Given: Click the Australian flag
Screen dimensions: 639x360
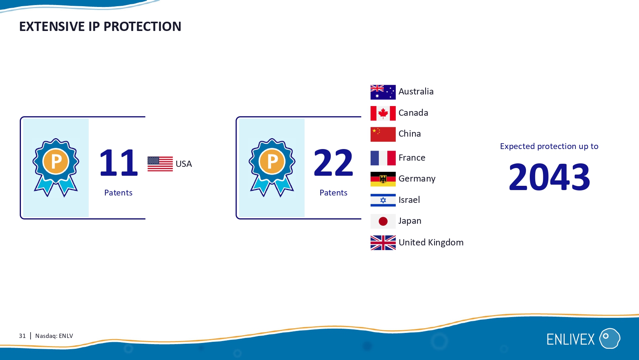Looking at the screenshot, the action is (x=383, y=92).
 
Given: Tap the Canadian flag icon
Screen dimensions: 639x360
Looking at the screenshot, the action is (x=383, y=113).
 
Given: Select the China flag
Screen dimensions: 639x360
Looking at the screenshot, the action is (x=383, y=134).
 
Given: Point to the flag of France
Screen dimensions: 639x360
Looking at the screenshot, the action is (x=383, y=158).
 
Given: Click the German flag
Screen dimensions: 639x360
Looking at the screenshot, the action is (x=383, y=179).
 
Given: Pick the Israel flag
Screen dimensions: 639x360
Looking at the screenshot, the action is (x=383, y=200).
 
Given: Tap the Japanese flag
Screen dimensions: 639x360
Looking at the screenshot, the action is (x=383, y=221).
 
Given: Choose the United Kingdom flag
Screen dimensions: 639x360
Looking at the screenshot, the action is (x=383, y=243).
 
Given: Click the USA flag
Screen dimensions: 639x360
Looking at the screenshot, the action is (x=160, y=164).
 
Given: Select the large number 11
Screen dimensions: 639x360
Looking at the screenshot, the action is (x=119, y=163).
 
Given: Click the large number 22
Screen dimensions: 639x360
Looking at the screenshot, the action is (x=333, y=163).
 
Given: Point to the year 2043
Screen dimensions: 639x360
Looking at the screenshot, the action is (x=549, y=177).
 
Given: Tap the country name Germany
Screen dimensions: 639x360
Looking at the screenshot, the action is (x=417, y=179).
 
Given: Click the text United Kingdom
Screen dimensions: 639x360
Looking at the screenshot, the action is (x=431, y=242).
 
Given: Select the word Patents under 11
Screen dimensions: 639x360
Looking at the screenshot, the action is (x=118, y=193).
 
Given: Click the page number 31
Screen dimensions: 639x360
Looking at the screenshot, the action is (x=22, y=336).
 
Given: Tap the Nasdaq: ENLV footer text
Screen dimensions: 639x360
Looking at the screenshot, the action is (x=54, y=336).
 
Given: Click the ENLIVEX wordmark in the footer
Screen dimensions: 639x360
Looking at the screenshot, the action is (x=570, y=339).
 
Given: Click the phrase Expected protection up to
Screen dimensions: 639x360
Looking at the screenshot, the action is (x=549, y=146).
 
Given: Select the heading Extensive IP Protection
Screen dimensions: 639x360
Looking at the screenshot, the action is (x=100, y=26).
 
